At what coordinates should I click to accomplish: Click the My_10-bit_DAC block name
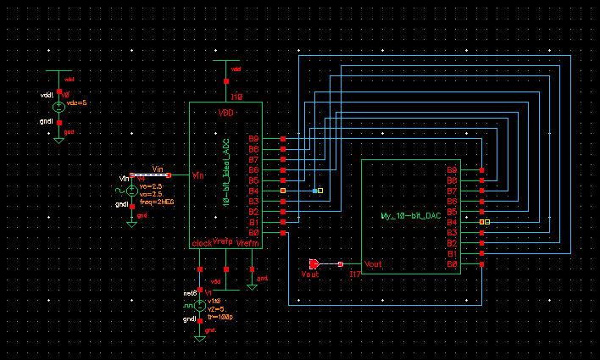(x=411, y=216)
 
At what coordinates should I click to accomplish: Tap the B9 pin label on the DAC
(x=452, y=170)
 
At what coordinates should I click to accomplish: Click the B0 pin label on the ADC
(x=253, y=232)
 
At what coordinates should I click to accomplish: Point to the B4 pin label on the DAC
(x=452, y=222)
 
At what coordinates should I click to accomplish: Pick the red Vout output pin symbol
(x=314, y=263)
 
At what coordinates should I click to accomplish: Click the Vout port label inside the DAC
(x=374, y=264)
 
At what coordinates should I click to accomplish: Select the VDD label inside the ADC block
(x=225, y=113)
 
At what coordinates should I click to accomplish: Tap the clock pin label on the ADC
(x=203, y=243)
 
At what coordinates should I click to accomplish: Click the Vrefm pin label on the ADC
(x=247, y=243)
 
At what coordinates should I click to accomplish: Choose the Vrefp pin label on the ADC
(x=222, y=241)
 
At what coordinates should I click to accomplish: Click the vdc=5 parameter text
(x=76, y=102)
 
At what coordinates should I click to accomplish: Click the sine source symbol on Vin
(x=131, y=191)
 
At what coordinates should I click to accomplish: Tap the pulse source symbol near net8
(x=199, y=305)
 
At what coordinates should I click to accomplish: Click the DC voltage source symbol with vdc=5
(x=58, y=107)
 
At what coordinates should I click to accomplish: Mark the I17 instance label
(x=355, y=274)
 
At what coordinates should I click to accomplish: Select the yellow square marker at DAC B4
(x=481, y=222)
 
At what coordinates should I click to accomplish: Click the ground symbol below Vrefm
(x=252, y=287)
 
